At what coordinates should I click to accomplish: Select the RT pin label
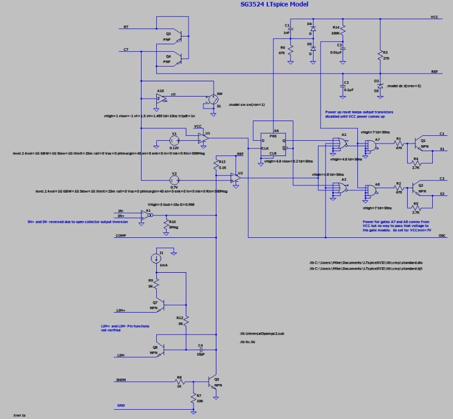126,27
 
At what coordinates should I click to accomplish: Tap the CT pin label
126,50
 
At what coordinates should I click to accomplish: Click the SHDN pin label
121,380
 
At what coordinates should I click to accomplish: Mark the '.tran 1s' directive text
20,416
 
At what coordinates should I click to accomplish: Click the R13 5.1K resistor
216,165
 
